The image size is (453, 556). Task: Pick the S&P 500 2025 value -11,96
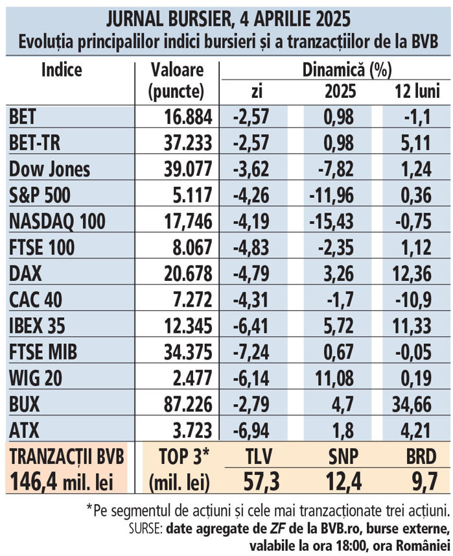331,195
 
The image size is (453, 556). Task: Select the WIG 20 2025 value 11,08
334,378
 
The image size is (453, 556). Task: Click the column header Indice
62,69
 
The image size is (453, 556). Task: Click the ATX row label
26,430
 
